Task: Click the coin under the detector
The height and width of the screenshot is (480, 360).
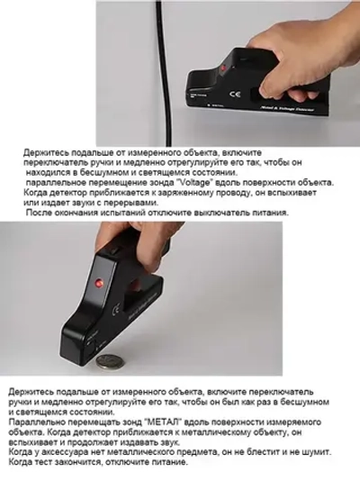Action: coord(110,361)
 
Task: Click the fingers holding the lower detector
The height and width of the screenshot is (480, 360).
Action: coord(135,243)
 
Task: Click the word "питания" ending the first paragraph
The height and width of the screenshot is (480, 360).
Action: coord(265,213)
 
